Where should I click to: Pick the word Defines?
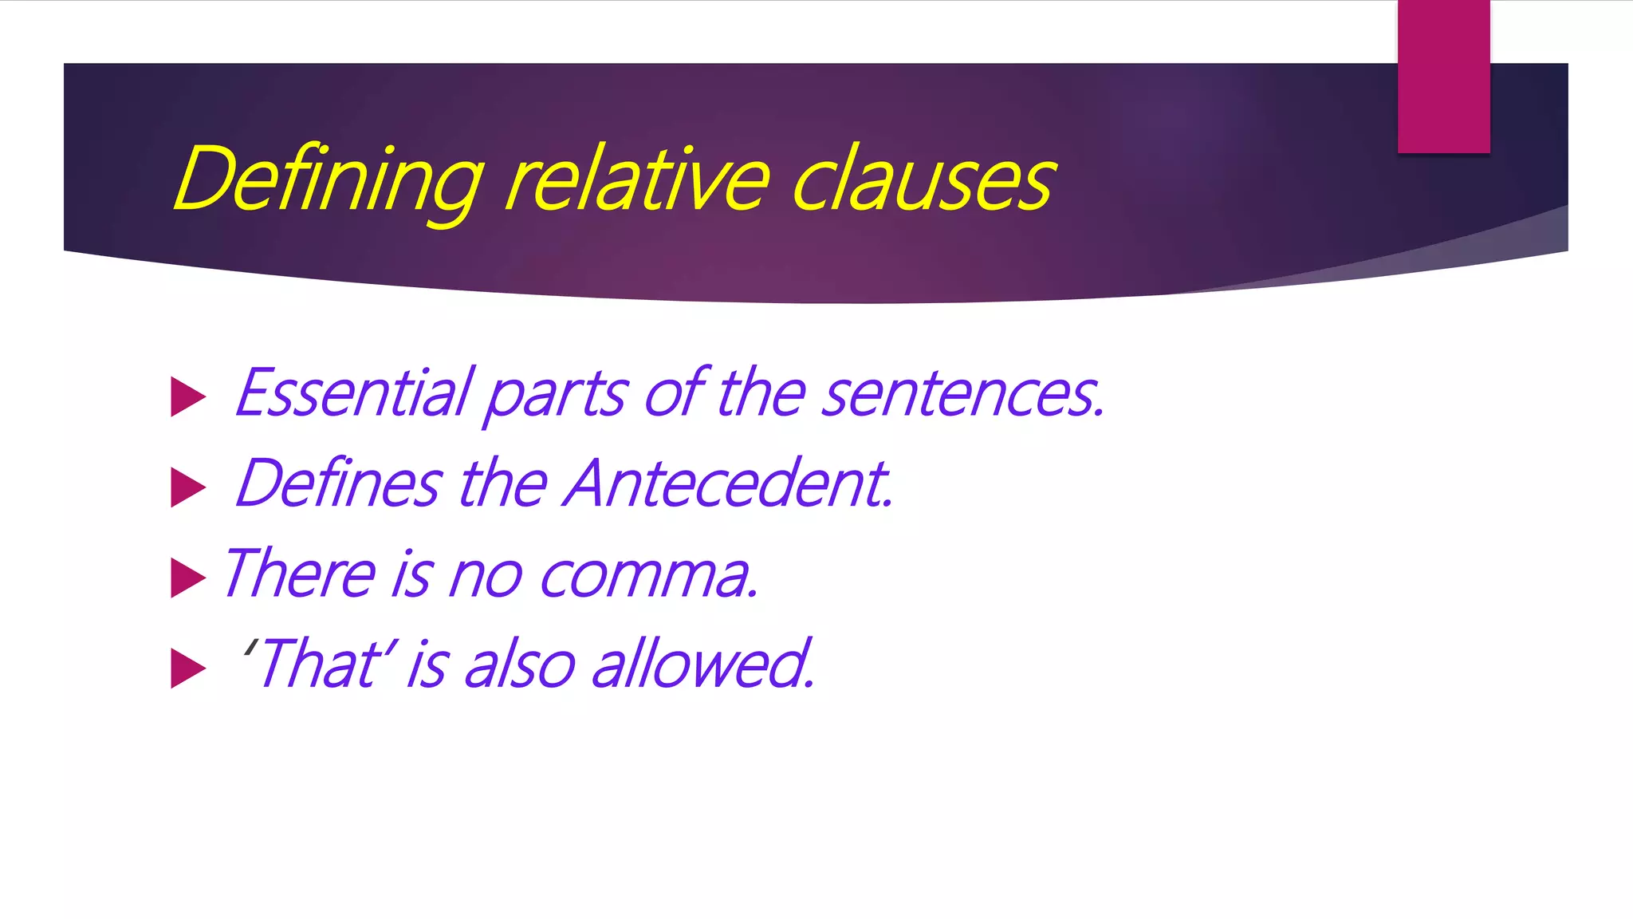tap(338, 484)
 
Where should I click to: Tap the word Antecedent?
tap(729, 484)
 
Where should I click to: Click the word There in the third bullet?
tap(300, 574)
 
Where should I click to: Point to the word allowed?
tap(702, 665)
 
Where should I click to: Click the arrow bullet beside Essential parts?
tap(188, 397)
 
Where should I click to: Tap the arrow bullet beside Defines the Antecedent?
tap(188, 487)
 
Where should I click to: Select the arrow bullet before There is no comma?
tap(188, 578)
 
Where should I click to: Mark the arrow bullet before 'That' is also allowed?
tap(188, 669)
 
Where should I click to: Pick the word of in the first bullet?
tap(675, 393)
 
